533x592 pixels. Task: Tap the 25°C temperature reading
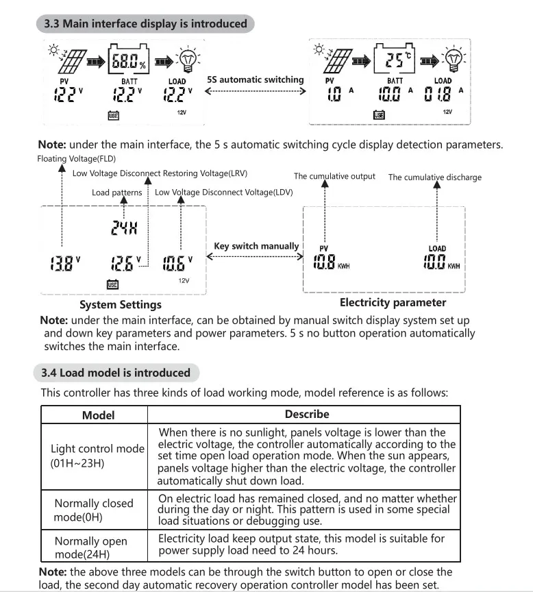point(397,60)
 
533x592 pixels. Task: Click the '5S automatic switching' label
point(255,79)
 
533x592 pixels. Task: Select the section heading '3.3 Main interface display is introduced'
point(145,23)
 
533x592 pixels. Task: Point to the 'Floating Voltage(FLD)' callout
point(76,159)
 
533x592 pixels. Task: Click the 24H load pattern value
point(124,227)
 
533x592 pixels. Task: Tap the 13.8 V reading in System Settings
point(65,263)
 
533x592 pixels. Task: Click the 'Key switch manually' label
point(256,246)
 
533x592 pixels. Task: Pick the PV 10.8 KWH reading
point(332,262)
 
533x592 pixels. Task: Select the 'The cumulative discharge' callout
point(435,177)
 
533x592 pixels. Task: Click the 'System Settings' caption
point(121,305)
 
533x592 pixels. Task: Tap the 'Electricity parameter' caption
point(393,302)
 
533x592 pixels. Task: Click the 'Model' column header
point(98,415)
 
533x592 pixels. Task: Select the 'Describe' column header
point(307,414)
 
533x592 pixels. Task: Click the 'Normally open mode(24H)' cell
point(91,547)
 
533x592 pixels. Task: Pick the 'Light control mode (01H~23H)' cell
point(97,456)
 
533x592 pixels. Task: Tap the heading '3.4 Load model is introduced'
point(116,373)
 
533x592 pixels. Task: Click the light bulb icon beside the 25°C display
point(454,58)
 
